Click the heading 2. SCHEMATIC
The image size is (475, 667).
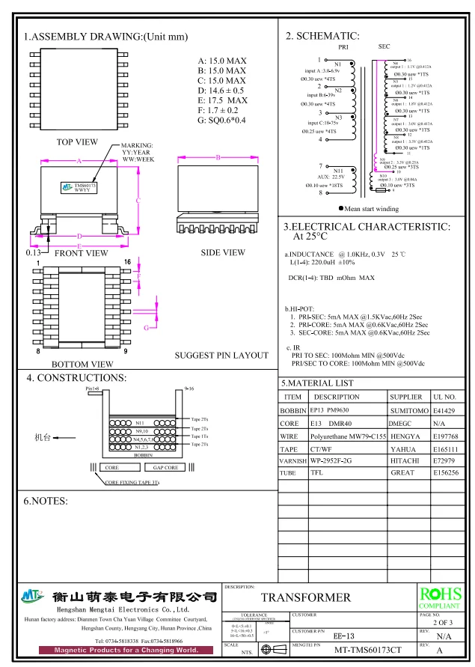pyautogui.click(x=322, y=36)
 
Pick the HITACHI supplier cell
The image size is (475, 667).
pyautogui.click(x=407, y=461)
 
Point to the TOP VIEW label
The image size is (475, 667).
pyautogui.click(x=77, y=141)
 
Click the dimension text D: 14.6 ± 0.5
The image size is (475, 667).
pyautogui.click(x=221, y=91)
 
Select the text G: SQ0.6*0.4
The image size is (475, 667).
pyautogui.click(x=221, y=121)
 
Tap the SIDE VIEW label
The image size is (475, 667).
pyautogui.click(x=222, y=253)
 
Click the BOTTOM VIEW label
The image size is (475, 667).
pyautogui.click(x=82, y=364)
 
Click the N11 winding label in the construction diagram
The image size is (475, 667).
pyautogui.click(x=140, y=423)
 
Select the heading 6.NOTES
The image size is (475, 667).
pyautogui.click(x=46, y=500)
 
